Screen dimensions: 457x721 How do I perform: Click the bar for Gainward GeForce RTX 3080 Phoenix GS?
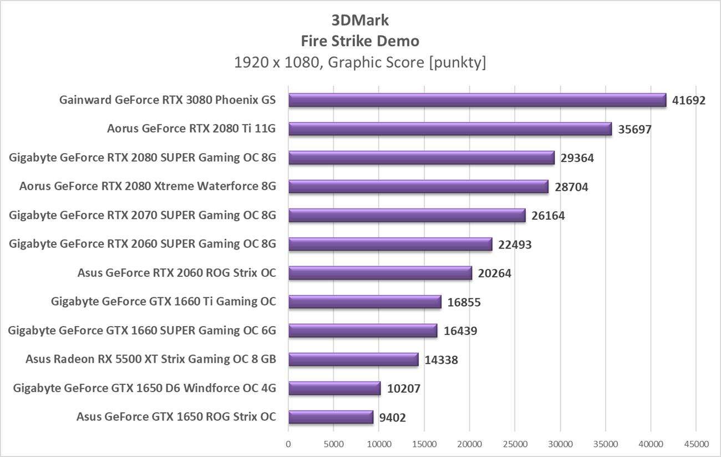coord(477,100)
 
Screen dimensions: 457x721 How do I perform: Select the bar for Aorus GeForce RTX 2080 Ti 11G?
coord(450,129)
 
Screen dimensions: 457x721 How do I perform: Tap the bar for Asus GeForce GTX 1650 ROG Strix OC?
coord(331,417)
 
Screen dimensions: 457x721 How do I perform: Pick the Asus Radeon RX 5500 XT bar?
coord(353,359)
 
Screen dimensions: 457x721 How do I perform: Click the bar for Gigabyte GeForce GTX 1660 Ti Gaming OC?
coord(364,302)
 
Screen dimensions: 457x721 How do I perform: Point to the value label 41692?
coord(688,100)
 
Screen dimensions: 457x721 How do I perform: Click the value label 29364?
coord(577,158)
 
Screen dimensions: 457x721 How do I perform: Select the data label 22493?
coord(515,245)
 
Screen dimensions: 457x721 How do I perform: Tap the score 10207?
coord(403,389)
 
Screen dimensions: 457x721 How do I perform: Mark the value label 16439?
coord(460,331)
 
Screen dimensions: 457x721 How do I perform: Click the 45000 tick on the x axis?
coord(696,444)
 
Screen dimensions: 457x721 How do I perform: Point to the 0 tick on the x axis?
coord(288,444)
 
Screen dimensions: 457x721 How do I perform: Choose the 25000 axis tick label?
coord(515,444)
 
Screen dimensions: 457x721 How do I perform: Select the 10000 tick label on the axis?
coord(379,444)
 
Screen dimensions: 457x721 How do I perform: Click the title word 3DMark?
coord(360,21)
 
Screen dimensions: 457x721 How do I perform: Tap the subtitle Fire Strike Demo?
coord(360,41)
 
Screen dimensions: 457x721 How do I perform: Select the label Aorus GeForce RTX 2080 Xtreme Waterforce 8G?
coord(148,186)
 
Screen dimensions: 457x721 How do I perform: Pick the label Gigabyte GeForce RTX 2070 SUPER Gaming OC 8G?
coord(143,215)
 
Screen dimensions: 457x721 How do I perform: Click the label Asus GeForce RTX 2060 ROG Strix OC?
coord(177,273)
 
